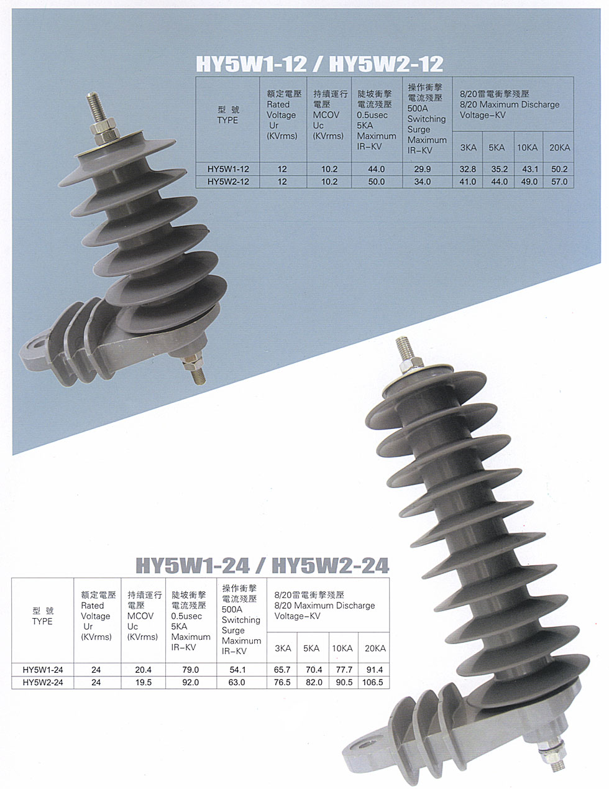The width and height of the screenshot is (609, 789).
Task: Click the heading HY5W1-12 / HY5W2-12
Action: (x=319, y=64)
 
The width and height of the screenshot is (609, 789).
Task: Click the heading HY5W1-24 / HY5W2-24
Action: (x=262, y=565)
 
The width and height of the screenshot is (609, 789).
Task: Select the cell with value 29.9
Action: (x=423, y=169)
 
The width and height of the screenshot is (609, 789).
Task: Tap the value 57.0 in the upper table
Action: (x=559, y=182)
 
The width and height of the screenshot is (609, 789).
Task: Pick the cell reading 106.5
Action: (x=373, y=682)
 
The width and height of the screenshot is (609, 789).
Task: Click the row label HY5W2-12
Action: (x=228, y=182)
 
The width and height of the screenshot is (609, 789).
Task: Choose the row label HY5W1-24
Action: (x=43, y=670)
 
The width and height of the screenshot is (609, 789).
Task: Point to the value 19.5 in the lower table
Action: (x=144, y=682)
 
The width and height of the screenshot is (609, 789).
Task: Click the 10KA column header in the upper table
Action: (x=528, y=148)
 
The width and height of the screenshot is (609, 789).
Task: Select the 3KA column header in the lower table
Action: (x=283, y=648)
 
